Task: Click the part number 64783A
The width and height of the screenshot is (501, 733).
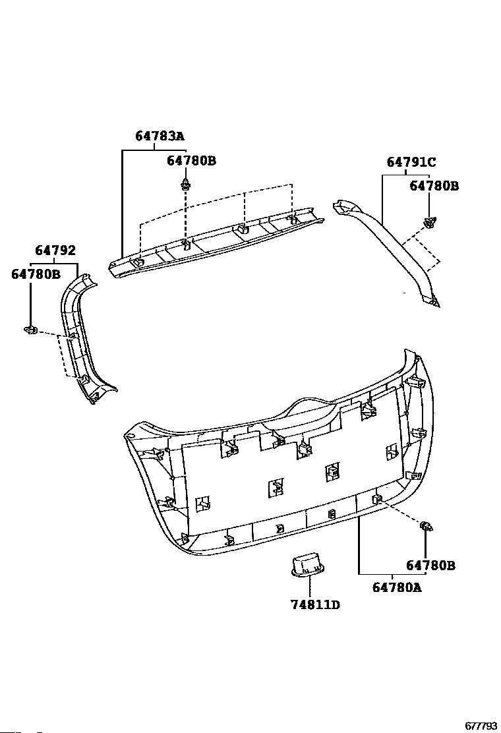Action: [x=160, y=136]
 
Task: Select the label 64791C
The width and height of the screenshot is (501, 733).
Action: [x=411, y=162]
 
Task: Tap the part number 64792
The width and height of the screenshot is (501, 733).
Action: [x=55, y=250]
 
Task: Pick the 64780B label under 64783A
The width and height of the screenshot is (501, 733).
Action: [x=191, y=160]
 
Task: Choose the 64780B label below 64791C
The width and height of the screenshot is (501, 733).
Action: [x=434, y=186]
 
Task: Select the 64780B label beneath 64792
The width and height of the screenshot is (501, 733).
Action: [x=36, y=274]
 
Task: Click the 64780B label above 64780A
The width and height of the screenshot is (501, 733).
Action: [x=430, y=565]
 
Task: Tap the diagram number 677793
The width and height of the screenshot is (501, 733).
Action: [x=481, y=726]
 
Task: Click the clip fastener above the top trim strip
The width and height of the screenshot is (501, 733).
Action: [x=187, y=184]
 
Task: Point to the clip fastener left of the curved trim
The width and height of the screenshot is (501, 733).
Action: [x=30, y=329]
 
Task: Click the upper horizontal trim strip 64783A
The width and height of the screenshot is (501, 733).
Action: [x=218, y=241]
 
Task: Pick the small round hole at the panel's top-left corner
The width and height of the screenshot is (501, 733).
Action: [x=129, y=436]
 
